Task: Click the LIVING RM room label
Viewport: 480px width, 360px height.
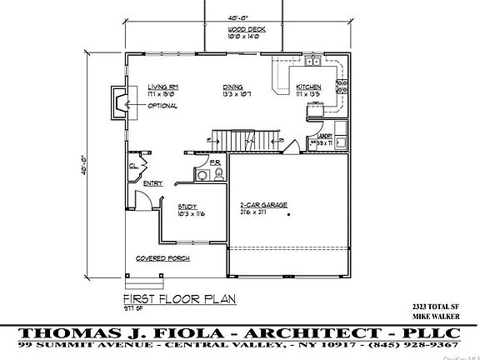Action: point(164,87)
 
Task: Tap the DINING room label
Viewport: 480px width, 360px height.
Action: point(233,87)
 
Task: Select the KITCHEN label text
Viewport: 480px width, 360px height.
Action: point(309,87)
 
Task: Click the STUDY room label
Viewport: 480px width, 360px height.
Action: point(187,206)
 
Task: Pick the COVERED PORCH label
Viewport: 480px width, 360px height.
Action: point(169,258)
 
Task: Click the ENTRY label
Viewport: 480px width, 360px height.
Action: point(152,183)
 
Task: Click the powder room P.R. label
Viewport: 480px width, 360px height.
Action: point(214,162)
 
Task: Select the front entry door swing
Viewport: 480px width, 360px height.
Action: point(142,201)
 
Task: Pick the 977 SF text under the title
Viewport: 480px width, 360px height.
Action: point(134,308)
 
